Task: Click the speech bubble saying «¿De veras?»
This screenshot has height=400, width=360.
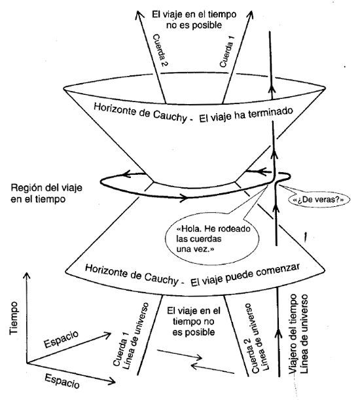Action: (319, 200)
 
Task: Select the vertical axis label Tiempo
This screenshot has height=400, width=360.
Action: (14, 318)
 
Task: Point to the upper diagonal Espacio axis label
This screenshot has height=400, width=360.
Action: (62, 339)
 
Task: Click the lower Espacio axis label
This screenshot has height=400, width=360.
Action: (62, 381)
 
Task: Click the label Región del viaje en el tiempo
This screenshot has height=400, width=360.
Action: (46, 193)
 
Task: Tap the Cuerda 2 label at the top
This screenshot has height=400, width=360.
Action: (160, 50)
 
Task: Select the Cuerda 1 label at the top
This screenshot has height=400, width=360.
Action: (227, 51)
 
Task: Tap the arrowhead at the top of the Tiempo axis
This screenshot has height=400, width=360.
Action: (26, 276)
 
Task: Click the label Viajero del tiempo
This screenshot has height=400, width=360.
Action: (293, 334)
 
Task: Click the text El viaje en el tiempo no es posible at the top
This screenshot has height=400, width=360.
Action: (194, 20)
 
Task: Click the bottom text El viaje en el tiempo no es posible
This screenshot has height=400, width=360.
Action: (193, 321)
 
